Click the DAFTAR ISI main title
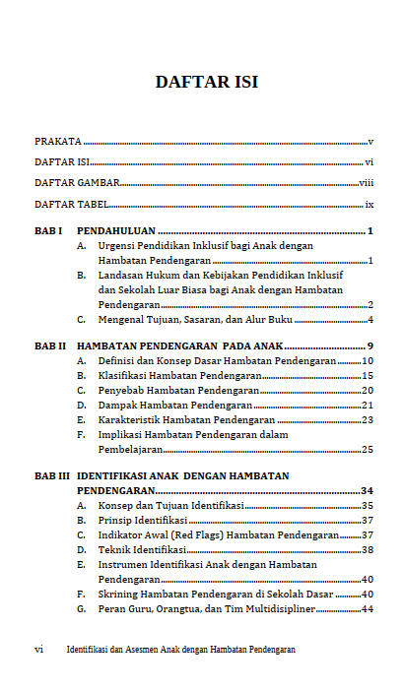207,82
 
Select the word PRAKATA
58,142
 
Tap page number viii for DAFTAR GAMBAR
366,183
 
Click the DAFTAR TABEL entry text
71,205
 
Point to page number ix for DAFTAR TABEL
369,205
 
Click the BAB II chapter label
50,346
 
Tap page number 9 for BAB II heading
369,346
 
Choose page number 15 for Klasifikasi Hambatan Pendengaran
367,376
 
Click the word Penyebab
121,391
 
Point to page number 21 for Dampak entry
367,405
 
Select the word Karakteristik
128,419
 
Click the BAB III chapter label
52,475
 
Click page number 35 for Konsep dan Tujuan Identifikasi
367,505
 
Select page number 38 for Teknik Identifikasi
367,549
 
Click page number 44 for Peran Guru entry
367,609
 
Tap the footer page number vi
38,650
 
